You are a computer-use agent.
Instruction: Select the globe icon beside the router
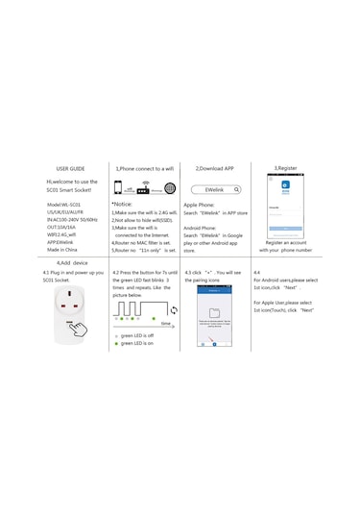pos(170,189)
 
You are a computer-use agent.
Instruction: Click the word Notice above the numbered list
pos(123,205)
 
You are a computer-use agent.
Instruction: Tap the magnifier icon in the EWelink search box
pos(236,190)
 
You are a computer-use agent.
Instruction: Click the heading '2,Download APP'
pos(215,168)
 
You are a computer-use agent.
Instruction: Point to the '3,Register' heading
pos(285,168)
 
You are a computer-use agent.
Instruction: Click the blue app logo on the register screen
pos(285,192)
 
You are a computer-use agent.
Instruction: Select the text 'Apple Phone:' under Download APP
pos(199,205)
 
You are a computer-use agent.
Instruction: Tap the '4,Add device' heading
pos(71,262)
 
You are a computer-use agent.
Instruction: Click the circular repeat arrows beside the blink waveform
pos(174,309)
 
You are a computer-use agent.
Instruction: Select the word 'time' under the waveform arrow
pos(166,325)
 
